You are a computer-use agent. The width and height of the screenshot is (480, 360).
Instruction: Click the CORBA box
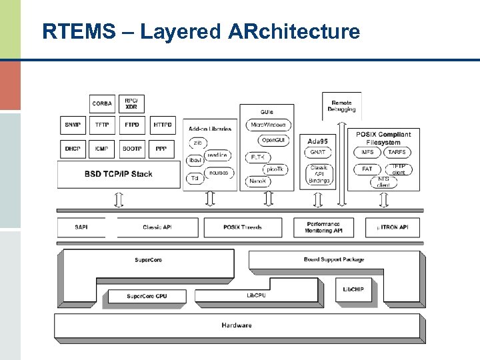coord(102,103)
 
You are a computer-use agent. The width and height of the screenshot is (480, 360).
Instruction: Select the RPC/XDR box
coord(131,103)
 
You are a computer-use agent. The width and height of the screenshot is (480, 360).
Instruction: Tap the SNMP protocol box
coord(73,125)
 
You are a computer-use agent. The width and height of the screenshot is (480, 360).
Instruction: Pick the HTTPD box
coord(162,125)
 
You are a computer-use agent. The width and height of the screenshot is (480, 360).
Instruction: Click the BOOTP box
coord(131,149)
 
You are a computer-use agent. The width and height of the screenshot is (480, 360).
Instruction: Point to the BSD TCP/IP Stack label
coord(118,174)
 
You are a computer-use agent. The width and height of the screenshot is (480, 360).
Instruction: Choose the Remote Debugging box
coord(341,106)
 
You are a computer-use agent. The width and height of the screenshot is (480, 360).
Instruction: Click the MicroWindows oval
coord(267,125)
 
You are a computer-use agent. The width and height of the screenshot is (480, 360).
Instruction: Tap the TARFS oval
coord(397,153)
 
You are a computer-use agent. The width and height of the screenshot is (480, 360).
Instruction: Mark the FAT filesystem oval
coord(367,169)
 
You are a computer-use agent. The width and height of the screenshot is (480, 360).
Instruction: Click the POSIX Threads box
coord(243,227)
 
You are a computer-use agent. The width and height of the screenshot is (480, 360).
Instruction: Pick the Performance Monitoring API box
coord(324,227)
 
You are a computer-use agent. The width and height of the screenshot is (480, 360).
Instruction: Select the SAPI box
coord(81,227)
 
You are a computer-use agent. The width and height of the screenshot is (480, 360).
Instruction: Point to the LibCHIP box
coord(353,289)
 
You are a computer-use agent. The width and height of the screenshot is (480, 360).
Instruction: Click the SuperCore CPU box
coord(147,296)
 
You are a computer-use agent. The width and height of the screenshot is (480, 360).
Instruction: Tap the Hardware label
coord(237,325)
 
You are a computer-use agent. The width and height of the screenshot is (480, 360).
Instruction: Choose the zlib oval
coord(198,143)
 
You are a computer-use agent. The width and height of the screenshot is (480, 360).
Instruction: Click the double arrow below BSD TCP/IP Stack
coord(119,199)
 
